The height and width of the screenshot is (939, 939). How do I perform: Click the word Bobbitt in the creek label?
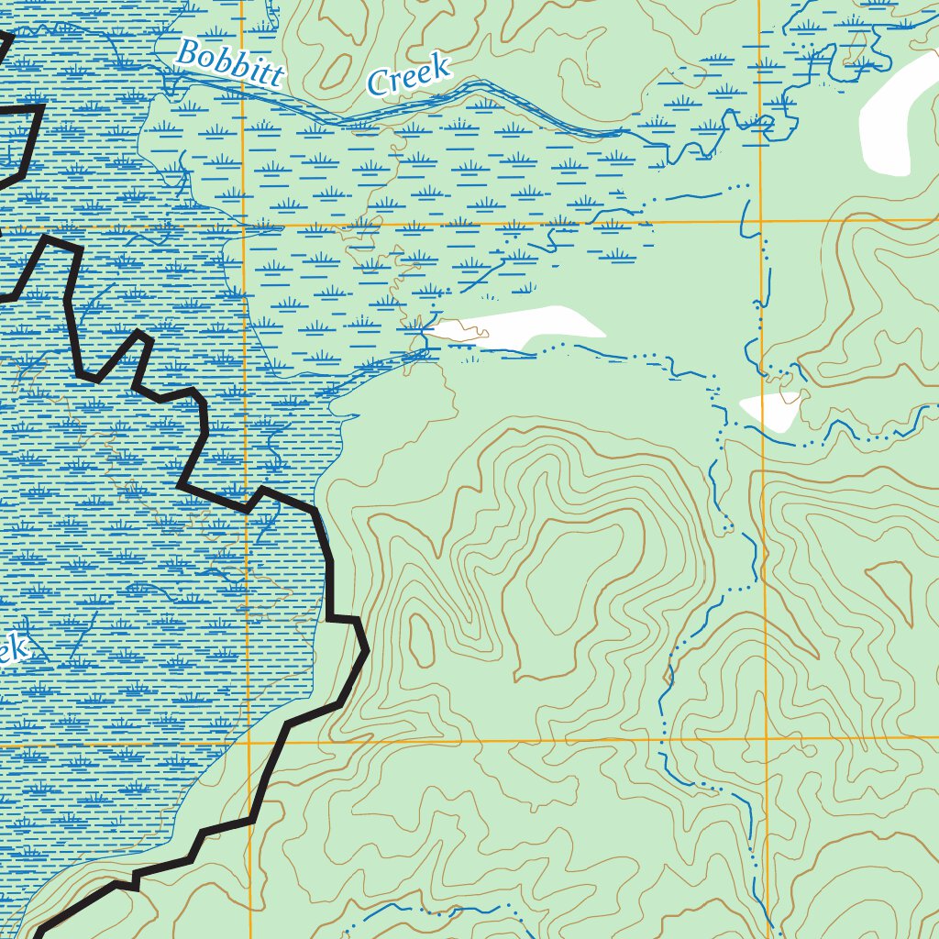229,64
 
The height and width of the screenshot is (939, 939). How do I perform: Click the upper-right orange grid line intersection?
761,221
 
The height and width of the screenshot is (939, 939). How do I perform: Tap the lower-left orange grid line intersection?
249,742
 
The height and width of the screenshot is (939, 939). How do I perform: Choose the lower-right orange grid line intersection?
767,739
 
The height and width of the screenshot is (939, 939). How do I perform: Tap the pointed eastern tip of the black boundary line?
367,650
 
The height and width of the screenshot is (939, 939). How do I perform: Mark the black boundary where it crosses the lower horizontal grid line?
274,742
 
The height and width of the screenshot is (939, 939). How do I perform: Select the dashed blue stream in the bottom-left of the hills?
413,912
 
